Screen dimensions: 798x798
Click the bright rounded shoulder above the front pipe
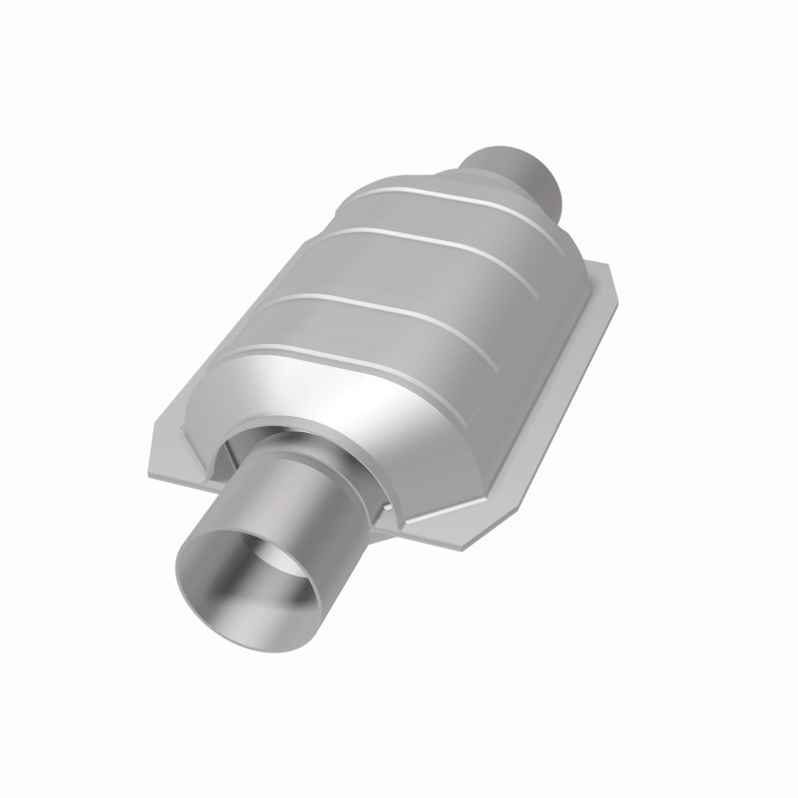329,399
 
